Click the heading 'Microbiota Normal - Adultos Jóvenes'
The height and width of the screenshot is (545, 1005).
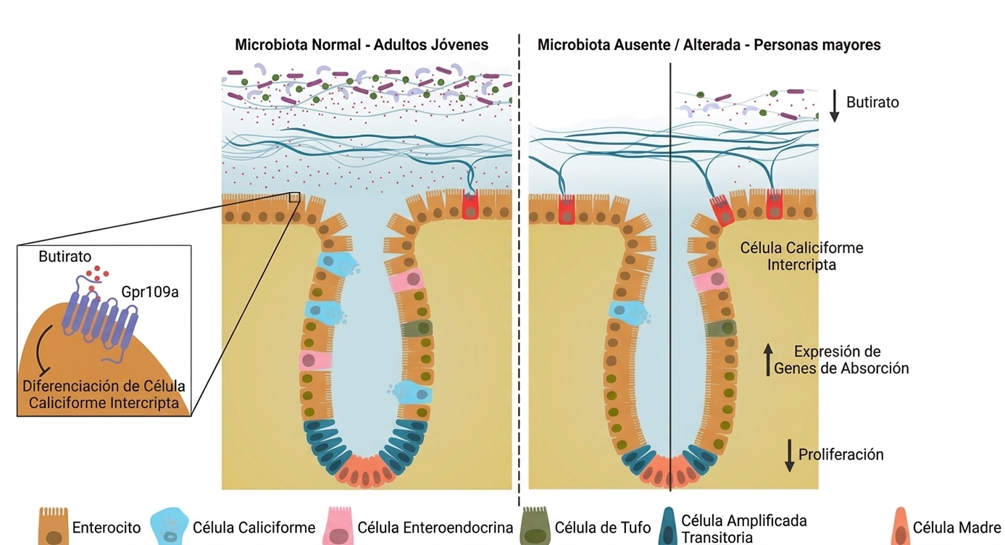tap(362, 45)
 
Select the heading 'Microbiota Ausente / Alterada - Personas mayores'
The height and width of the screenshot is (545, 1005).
tap(709, 45)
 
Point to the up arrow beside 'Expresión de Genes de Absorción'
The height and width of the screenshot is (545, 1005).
tap(768, 360)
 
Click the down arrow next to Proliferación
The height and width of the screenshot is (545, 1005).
tap(790, 456)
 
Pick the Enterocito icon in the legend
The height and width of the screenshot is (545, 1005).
tap(54, 526)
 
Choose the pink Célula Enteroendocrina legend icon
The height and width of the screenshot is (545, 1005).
tap(340, 526)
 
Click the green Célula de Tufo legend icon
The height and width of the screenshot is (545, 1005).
tap(535, 526)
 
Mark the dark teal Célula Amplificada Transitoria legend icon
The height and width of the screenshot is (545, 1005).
tap(668, 528)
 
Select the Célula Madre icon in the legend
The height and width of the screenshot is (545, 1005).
tap(901, 526)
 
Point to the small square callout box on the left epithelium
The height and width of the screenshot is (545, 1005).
tap(294, 196)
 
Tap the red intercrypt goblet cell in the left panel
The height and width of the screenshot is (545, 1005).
tap(470, 206)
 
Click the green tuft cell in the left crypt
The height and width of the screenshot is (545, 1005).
tap(416, 328)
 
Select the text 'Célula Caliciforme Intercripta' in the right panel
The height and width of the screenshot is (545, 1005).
tap(801, 256)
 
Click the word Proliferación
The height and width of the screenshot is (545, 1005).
tap(841, 454)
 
